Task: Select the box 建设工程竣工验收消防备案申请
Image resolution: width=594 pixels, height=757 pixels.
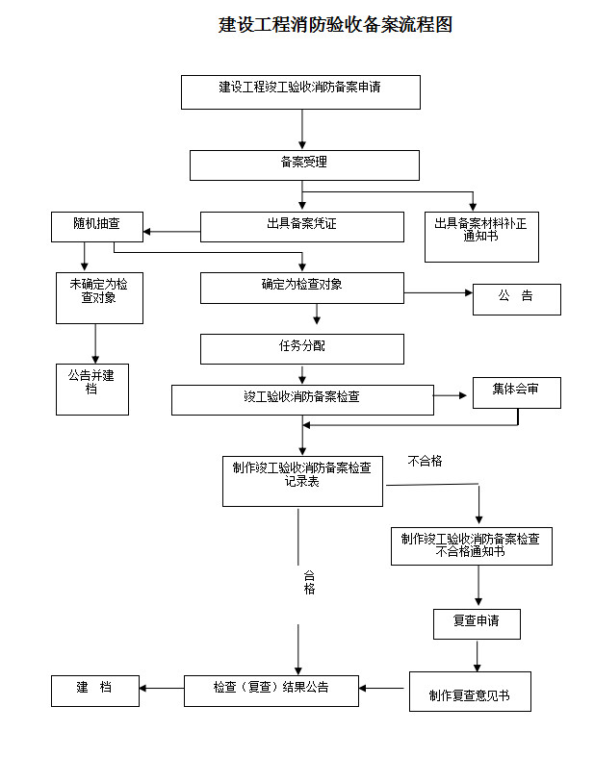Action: [x=300, y=92]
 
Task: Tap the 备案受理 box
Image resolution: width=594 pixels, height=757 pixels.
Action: [x=304, y=164]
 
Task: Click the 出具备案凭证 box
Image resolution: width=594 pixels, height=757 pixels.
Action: [x=301, y=227]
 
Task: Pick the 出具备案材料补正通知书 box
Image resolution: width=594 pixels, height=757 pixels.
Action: [x=481, y=237]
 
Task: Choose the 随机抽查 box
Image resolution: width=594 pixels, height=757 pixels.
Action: [x=96, y=227]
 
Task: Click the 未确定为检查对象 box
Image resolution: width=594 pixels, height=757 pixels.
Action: [x=99, y=297]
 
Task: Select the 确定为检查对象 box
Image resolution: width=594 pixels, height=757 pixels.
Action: [x=301, y=288]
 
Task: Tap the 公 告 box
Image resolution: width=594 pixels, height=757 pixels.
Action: [x=516, y=299]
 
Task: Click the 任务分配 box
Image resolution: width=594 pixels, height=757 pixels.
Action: [x=301, y=348]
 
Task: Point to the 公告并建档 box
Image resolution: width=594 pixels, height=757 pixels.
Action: [x=91, y=388]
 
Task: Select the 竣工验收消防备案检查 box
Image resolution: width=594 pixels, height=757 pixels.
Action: [x=301, y=399]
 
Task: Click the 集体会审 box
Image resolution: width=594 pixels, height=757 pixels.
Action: [x=516, y=392]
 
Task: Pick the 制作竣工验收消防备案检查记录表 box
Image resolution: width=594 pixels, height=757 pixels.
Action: [x=302, y=480]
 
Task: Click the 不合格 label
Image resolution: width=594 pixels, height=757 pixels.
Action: [x=425, y=462]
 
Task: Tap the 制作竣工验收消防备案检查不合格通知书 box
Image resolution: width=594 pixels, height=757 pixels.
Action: [x=471, y=545]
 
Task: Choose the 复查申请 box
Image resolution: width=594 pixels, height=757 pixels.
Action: [x=477, y=623]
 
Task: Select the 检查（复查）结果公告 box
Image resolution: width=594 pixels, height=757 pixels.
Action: [x=271, y=690]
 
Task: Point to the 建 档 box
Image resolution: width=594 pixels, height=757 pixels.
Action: [x=94, y=689]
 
